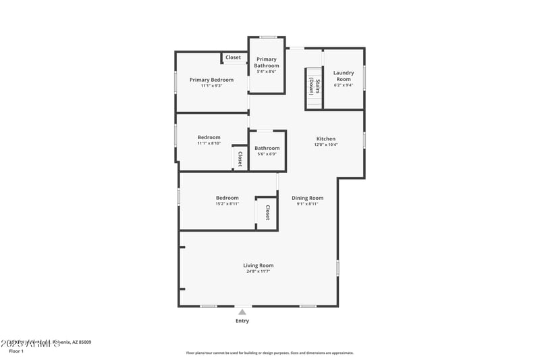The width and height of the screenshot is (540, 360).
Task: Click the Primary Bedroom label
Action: click(x=211, y=80)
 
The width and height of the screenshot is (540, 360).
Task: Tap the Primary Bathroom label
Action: click(x=267, y=62)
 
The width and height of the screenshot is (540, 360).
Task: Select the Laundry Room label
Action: click(x=344, y=76)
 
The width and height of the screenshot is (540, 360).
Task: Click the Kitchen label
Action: click(x=325, y=138)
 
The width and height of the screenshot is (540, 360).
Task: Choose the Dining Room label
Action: click(x=307, y=198)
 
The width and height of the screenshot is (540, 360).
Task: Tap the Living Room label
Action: click(x=258, y=265)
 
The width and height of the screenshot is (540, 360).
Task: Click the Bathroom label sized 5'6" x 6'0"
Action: click(x=267, y=148)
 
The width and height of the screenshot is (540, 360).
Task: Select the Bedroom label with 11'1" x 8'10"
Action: click(x=209, y=137)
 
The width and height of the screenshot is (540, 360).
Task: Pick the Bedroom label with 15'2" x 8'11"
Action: click(x=227, y=198)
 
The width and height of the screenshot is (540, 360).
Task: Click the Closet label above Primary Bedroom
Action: click(x=233, y=57)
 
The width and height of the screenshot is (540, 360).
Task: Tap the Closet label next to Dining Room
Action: click(x=267, y=213)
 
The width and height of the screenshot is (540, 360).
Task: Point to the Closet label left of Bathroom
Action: click(x=240, y=159)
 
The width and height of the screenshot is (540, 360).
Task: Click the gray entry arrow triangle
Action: click(x=242, y=311)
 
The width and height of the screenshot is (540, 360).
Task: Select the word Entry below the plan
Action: click(x=242, y=321)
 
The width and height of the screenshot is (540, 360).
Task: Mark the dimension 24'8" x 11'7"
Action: click(x=258, y=272)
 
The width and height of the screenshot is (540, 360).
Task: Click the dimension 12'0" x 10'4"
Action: click(x=325, y=145)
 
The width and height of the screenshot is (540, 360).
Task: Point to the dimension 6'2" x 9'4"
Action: click(x=344, y=85)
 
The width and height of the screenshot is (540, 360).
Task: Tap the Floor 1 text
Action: click(x=16, y=351)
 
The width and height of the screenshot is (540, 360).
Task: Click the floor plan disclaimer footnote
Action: click(x=269, y=353)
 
